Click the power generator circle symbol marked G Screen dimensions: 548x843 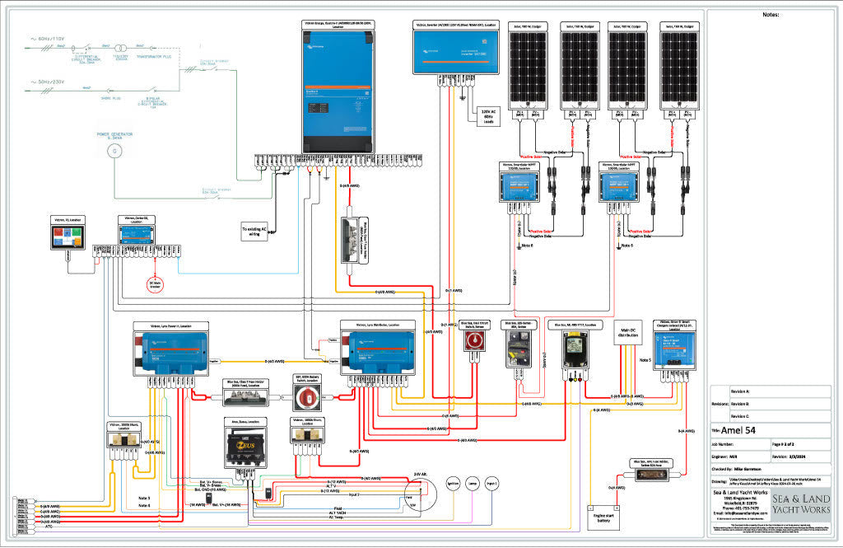115,151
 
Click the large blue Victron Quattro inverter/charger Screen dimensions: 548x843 338,91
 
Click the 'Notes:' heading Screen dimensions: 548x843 771,15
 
